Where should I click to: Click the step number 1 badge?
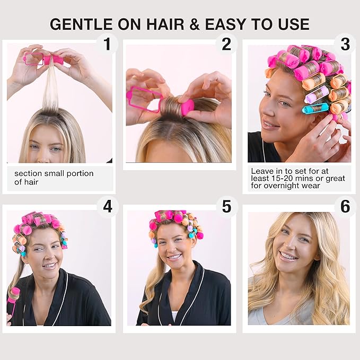click(x=107, y=44)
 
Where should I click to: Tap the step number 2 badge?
click(x=226, y=44)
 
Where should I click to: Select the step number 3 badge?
click(x=345, y=44)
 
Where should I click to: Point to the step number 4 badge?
click(x=108, y=206)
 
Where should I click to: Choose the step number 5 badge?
click(x=226, y=206)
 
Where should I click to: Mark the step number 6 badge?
click(x=345, y=206)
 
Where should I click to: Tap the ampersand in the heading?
click(x=195, y=24)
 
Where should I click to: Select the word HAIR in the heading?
click(x=165, y=24)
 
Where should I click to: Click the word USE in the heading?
click(x=294, y=24)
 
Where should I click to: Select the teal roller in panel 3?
click(x=315, y=108)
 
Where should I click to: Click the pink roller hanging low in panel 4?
click(x=13, y=298)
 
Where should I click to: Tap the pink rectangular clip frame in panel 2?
click(x=143, y=100)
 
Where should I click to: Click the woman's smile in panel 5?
click(x=174, y=257)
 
